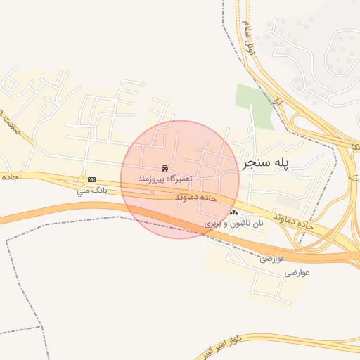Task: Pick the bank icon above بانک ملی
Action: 91,180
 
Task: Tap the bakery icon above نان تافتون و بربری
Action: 234,212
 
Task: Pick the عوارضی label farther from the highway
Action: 295,271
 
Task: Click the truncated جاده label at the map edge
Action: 8,176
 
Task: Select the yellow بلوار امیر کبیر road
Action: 309,340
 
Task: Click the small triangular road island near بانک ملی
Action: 82,180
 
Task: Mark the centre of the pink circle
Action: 180,180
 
